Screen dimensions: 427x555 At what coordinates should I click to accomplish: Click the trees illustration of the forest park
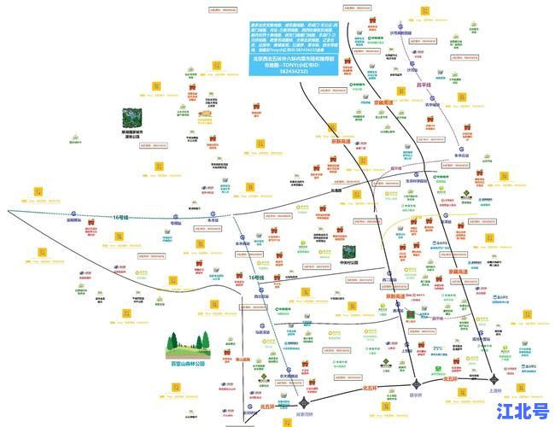[x=187, y=343]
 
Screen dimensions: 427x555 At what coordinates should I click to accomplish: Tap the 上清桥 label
[x=496, y=390]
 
